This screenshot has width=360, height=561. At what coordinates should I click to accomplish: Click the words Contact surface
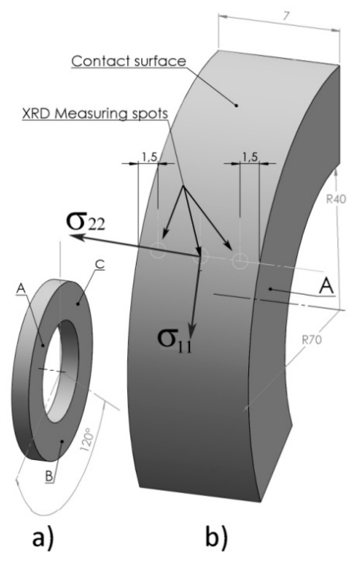click(x=129, y=61)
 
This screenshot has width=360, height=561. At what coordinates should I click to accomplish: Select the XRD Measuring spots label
click(x=95, y=114)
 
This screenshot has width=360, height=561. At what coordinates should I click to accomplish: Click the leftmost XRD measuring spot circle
click(x=158, y=250)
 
